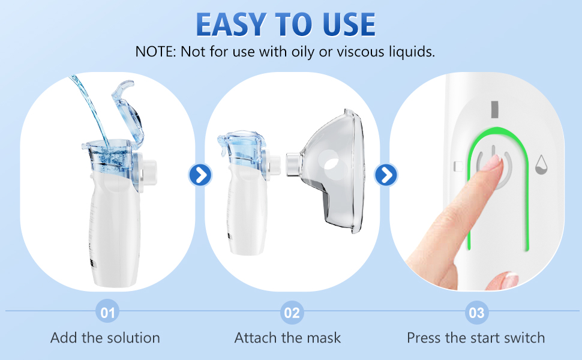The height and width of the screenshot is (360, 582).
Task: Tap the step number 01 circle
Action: (x=107, y=313)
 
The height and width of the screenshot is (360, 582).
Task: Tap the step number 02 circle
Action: (x=292, y=313)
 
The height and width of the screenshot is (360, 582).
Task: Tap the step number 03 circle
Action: (x=476, y=313)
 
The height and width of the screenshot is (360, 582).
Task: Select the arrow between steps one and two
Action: (x=200, y=175)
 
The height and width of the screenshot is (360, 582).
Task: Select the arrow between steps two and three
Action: (x=386, y=175)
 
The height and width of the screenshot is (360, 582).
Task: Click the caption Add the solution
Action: (x=105, y=338)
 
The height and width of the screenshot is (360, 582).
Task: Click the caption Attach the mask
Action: (x=287, y=338)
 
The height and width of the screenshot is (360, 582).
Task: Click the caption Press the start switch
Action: (x=476, y=338)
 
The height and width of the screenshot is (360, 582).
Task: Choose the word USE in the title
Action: (x=343, y=24)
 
